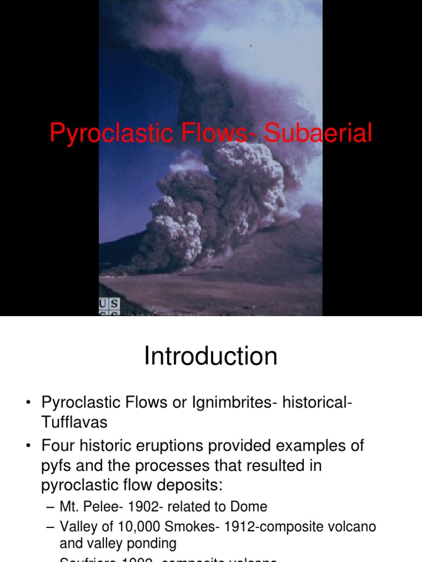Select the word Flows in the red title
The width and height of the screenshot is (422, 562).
pyautogui.click(x=207, y=133)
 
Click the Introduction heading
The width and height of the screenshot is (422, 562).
pyautogui.click(x=210, y=357)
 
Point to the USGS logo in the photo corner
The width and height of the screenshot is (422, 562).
pyautogui.click(x=109, y=307)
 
